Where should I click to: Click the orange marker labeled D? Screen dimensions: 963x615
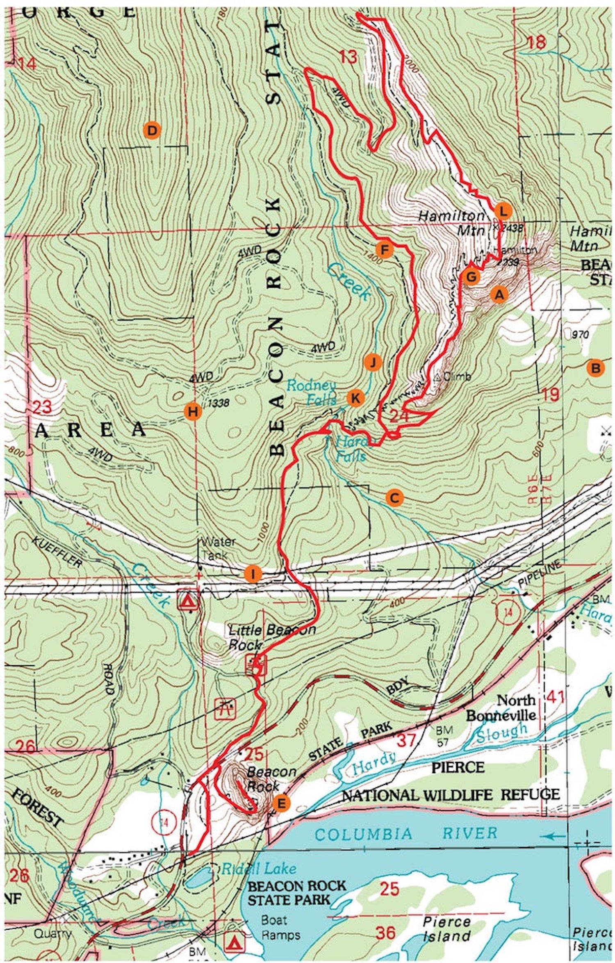coord(152,131)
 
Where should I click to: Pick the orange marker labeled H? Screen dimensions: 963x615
coord(194,411)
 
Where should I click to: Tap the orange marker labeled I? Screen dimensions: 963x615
coord(253,574)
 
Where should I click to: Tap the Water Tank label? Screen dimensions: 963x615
coord(217,547)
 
